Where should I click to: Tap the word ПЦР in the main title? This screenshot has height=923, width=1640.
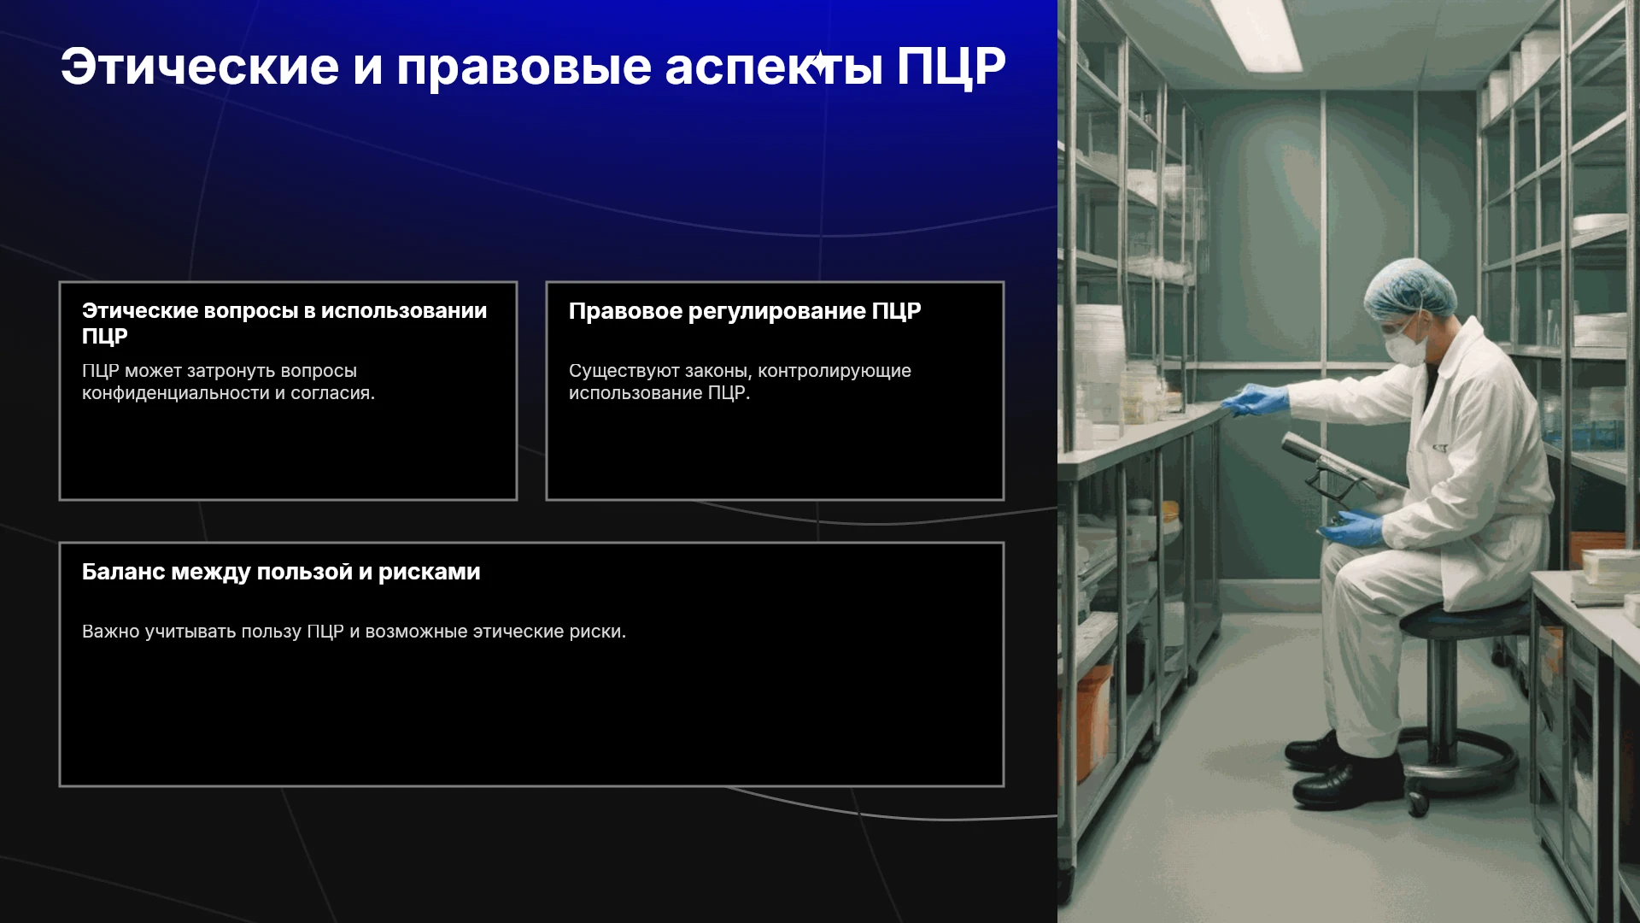tap(951, 67)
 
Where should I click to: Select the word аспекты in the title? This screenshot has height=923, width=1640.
tap(773, 68)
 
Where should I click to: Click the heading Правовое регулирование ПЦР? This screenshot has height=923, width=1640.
tap(745, 311)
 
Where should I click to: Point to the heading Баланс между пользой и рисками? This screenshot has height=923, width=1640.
tap(281, 572)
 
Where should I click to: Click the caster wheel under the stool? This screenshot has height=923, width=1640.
tap(1418, 802)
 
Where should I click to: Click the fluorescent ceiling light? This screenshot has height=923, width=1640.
tap(1256, 34)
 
